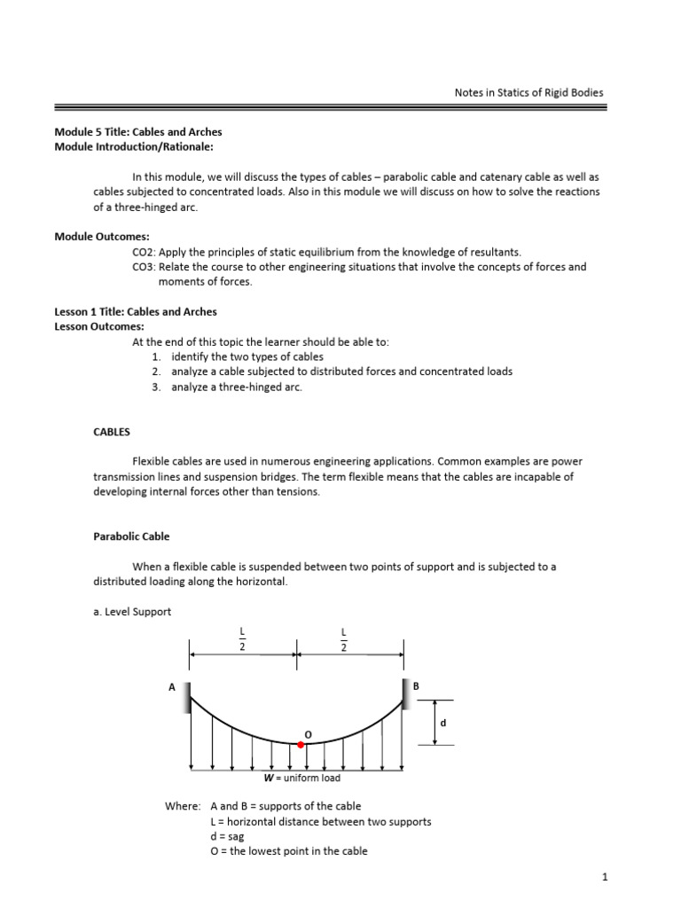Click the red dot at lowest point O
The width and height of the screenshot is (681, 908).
click(x=301, y=745)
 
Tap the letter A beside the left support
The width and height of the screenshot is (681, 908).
click(x=172, y=685)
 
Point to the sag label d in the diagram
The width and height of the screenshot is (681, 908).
click(x=442, y=723)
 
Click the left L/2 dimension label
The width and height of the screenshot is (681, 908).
click(x=241, y=638)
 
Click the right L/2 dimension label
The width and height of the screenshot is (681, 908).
click(x=343, y=638)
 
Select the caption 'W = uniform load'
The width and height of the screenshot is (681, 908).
click(x=301, y=778)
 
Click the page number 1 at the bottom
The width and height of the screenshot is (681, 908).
click(x=604, y=877)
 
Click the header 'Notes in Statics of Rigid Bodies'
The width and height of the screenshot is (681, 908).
click(x=528, y=92)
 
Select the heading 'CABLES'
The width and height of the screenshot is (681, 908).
click(x=112, y=432)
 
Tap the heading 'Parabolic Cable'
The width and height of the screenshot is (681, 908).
click(x=131, y=536)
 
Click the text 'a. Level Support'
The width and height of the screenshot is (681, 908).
click(x=133, y=611)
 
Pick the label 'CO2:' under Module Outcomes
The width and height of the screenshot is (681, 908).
click(x=145, y=252)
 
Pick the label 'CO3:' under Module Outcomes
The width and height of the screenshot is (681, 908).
click(x=145, y=267)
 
